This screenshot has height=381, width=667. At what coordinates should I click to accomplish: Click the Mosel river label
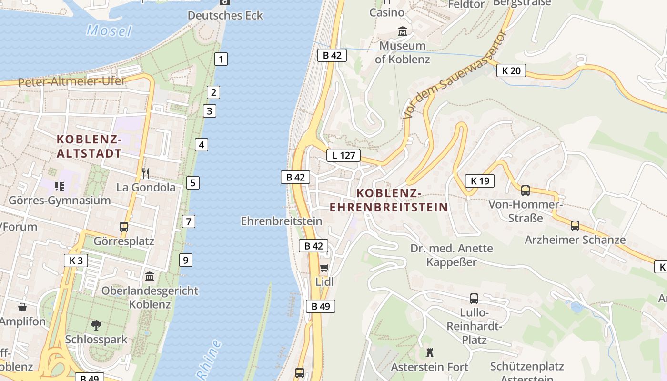coord(109,31)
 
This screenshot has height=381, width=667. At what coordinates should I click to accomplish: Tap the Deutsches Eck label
coord(225,15)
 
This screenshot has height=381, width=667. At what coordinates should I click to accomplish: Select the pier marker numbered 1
coord(221,59)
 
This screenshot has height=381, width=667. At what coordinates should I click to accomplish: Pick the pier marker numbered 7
coord(189,221)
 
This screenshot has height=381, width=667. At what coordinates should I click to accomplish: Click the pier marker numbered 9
coord(186,260)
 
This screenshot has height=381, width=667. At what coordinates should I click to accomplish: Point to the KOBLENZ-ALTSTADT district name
coord(89,146)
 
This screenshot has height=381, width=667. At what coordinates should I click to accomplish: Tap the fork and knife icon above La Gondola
coord(146,173)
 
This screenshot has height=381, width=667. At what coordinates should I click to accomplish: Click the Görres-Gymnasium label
coord(60,201)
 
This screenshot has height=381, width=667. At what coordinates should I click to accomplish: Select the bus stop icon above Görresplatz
coord(124,227)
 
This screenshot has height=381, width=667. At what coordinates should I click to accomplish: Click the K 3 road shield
coord(76,261)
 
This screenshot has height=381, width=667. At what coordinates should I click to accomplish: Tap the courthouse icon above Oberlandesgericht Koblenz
coord(150,276)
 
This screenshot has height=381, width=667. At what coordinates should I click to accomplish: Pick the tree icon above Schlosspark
coord(96,325)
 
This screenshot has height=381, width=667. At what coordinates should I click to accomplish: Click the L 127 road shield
coord(344,155)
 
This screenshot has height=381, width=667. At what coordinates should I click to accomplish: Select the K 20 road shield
coord(511,70)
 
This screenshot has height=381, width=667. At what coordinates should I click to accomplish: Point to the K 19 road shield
coord(480,180)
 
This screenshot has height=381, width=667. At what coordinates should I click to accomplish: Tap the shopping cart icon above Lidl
coord(324,268)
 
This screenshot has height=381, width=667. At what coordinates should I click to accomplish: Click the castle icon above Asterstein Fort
coord(430,353)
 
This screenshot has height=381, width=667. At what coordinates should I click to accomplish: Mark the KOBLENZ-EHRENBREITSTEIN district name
coord(389,200)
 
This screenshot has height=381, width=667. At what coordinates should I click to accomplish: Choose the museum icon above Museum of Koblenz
coord(403,31)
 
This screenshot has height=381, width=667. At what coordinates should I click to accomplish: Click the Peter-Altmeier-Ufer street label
coord(71,81)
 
